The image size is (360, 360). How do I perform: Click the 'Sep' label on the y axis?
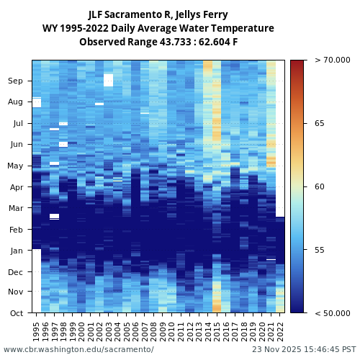(x=15, y=81)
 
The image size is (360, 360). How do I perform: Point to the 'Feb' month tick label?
(x=15, y=230)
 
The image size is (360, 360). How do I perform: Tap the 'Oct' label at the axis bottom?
(x=15, y=312)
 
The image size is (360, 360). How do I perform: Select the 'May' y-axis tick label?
(x=15, y=166)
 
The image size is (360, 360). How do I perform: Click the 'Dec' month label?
(x=15, y=271)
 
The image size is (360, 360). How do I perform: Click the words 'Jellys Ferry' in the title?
(x=202, y=14)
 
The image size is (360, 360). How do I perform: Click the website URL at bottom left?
(x=78, y=349)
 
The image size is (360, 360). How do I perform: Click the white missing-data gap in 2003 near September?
(x=108, y=79)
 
